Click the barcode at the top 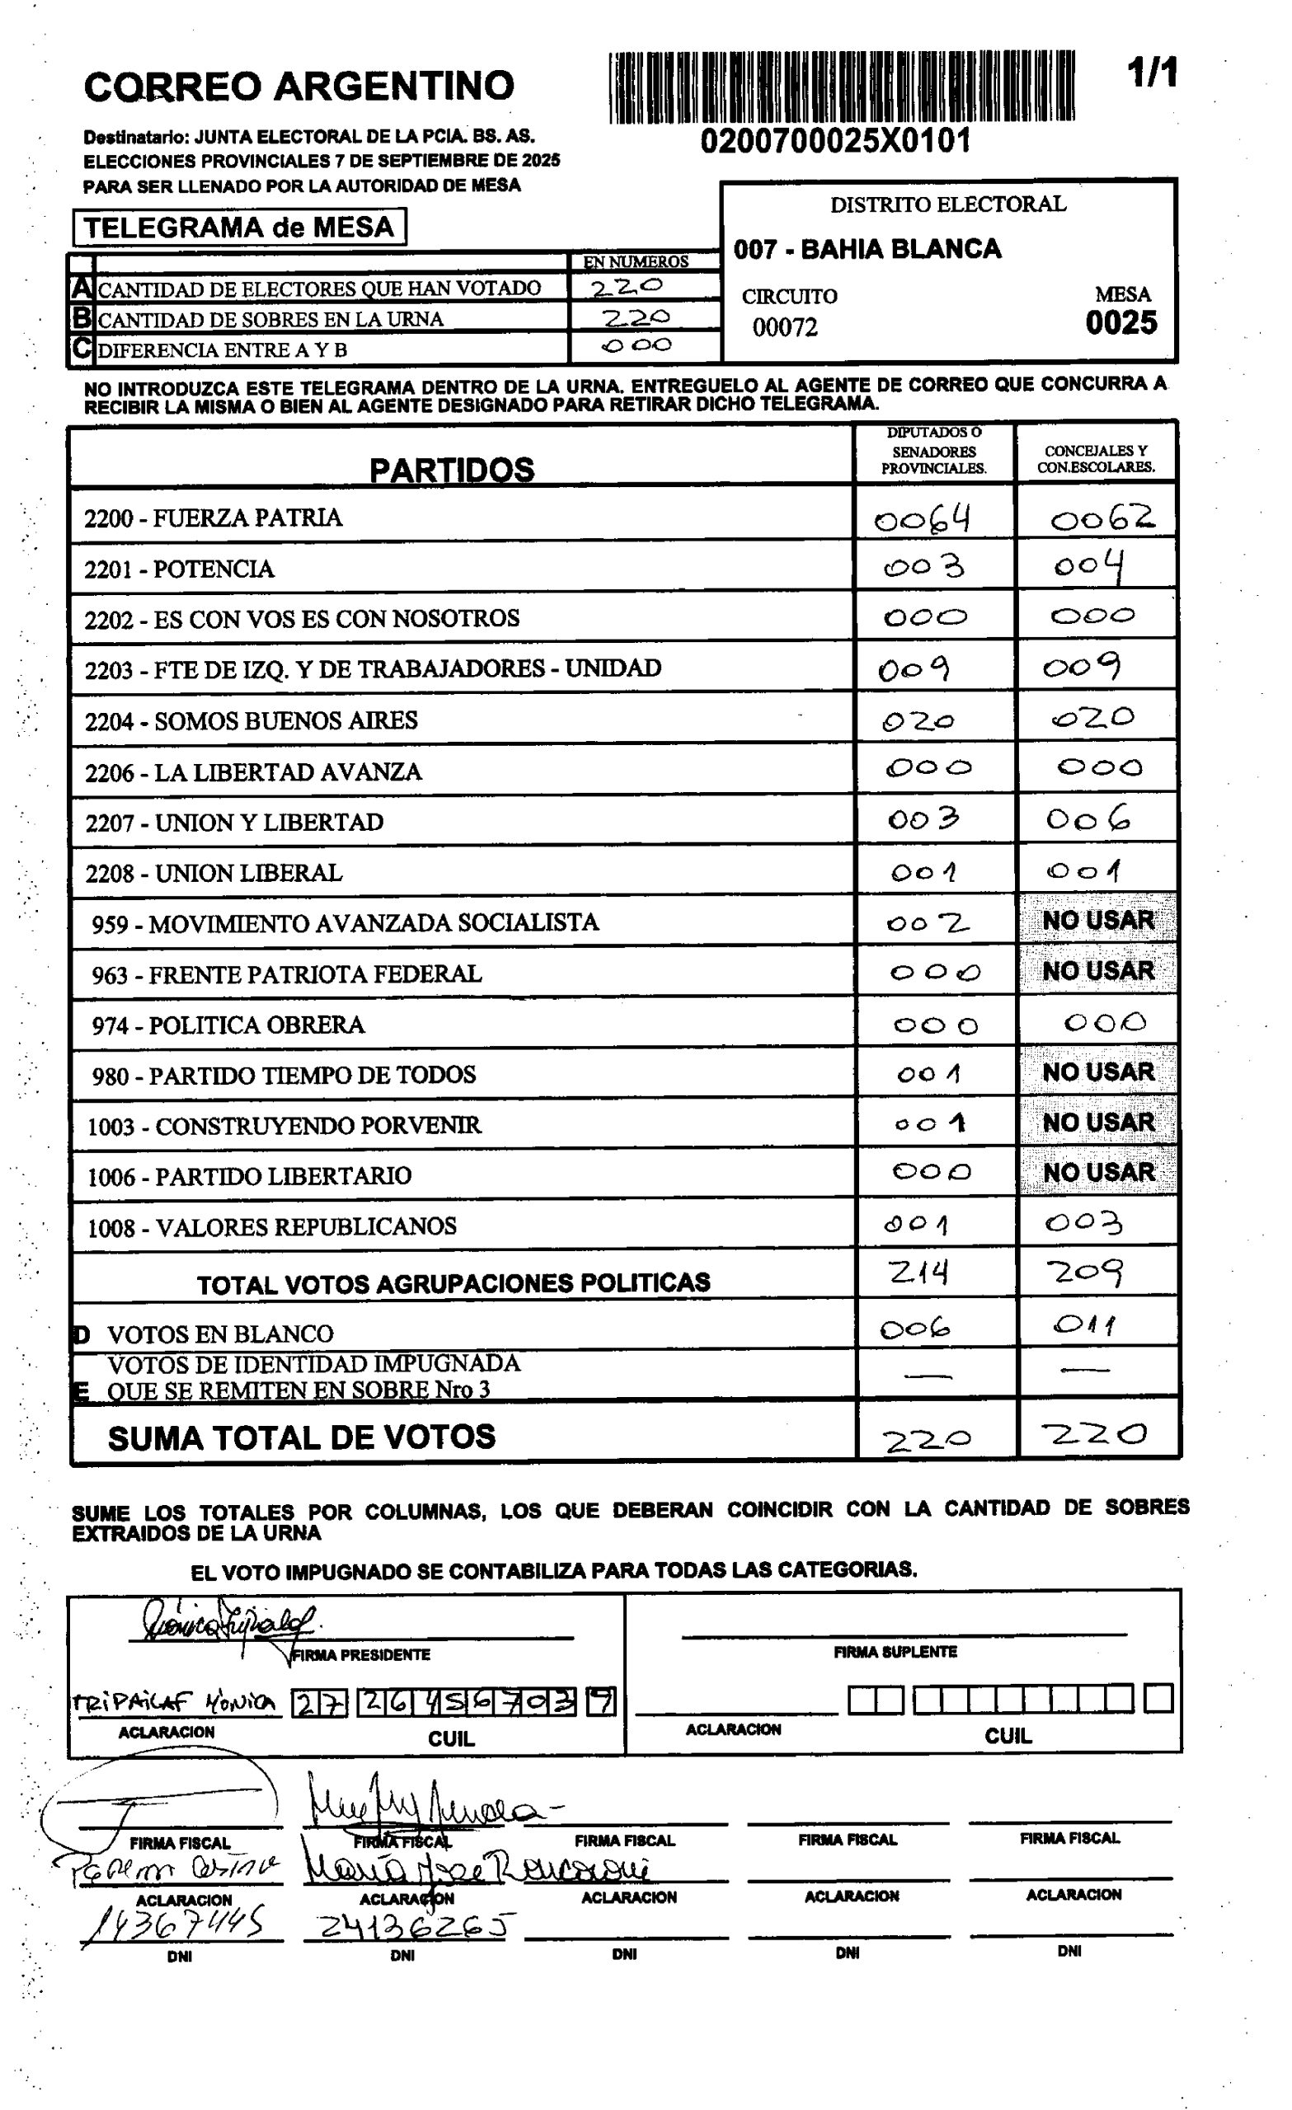point(841,87)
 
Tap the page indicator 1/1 point(1152,73)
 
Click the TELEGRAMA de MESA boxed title point(239,227)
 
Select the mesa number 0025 point(1121,323)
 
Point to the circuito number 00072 point(785,327)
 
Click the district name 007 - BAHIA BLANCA point(867,249)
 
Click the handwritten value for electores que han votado point(627,287)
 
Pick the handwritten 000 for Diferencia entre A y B point(636,346)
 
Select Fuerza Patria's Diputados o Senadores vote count point(922,518)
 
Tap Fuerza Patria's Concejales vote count point(1102,518)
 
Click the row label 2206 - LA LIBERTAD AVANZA point(253,772)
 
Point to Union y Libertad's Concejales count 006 point(1088,820)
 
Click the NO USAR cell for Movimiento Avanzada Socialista point(1097,921)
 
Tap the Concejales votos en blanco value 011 point(1086,1325)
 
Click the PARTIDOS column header point(452,469)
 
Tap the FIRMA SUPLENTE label point(895,1652)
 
